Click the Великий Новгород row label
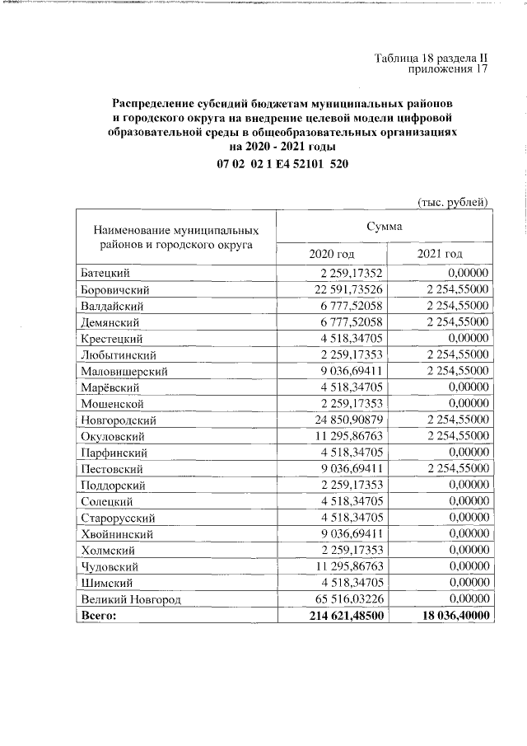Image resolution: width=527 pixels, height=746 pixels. (130, 599)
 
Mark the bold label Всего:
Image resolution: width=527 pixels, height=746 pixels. (98, 616)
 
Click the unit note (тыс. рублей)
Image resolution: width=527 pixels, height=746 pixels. (453, 201)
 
